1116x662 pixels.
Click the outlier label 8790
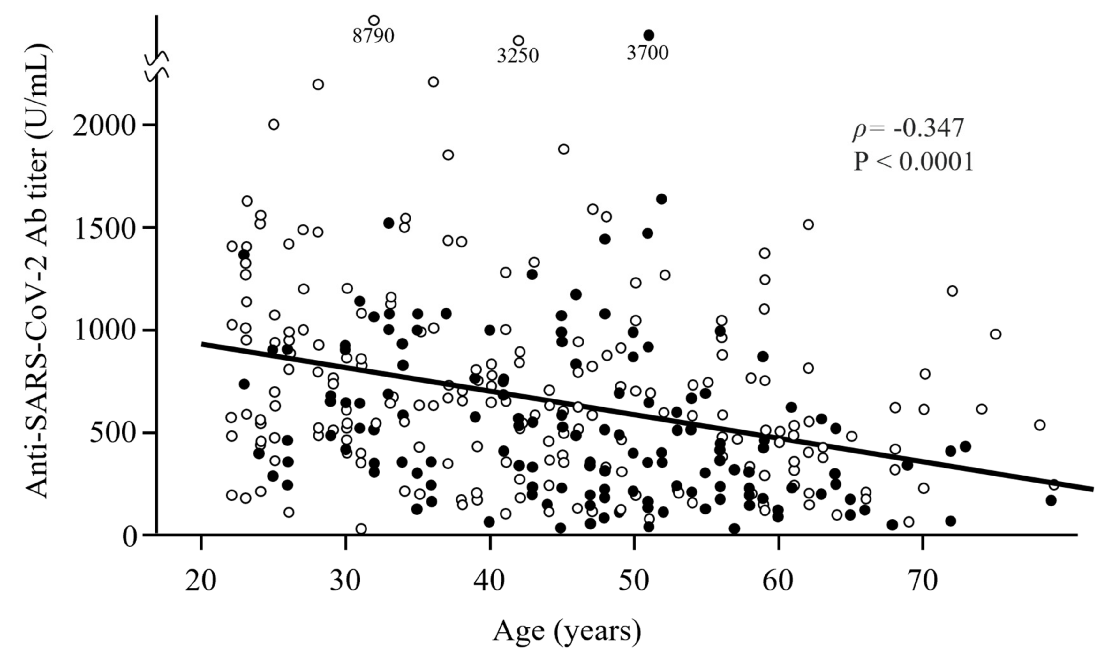(373, 36)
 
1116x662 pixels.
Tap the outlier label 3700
(647, 53)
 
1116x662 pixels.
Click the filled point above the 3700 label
(649, 35)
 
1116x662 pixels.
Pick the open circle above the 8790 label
(374, 20)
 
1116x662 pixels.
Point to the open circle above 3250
(518, 41)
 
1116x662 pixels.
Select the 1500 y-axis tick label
(103, 229)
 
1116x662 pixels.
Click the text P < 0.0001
(913, 162)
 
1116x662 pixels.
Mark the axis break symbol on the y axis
(157, 66)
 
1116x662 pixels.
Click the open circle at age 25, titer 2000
(274, 125)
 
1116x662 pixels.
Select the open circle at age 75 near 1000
(995, 334)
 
